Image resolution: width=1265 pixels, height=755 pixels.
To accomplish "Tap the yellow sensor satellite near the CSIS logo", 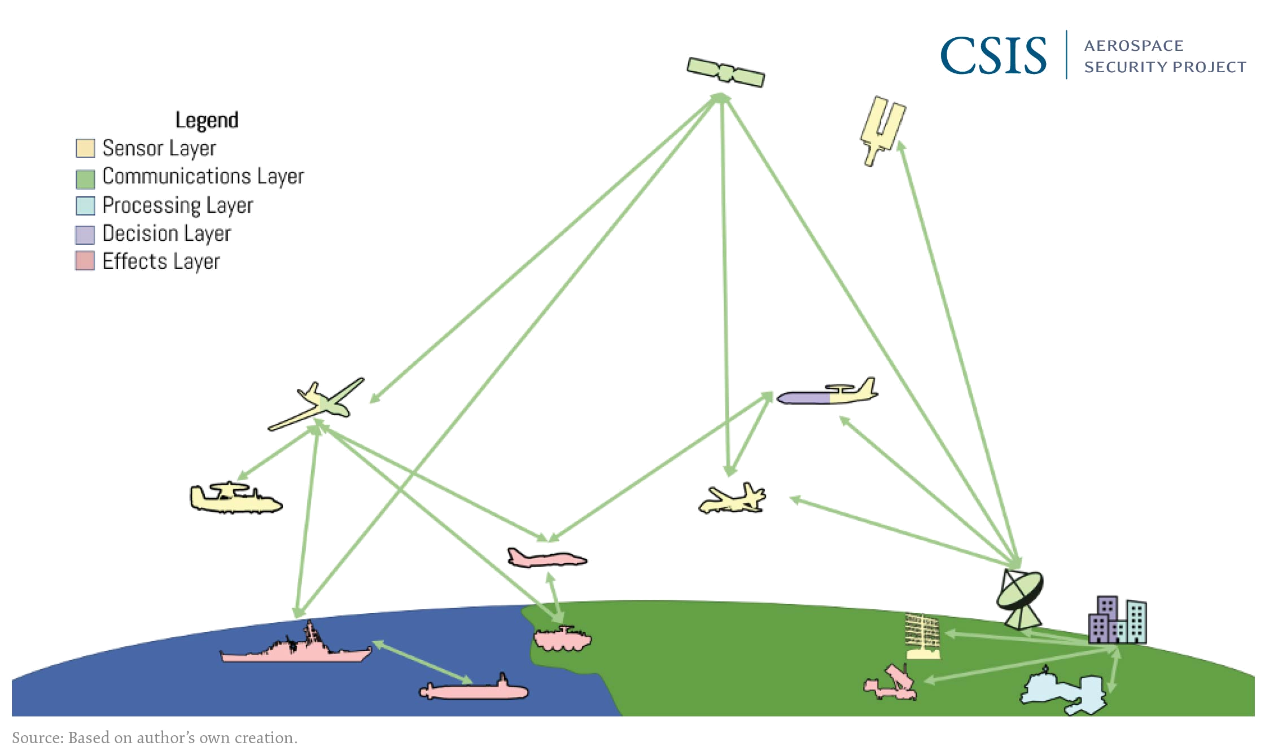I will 883,131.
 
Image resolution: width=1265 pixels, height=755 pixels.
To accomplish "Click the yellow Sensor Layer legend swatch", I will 85,149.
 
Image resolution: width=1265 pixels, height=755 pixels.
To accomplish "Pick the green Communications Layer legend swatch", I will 85,177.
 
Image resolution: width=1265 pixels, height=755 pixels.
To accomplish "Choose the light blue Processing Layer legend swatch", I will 85,205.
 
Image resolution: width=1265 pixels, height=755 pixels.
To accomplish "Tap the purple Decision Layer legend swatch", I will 85,234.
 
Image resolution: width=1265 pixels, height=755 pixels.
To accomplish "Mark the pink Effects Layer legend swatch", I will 85,262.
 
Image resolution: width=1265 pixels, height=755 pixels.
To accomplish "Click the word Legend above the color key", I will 207,120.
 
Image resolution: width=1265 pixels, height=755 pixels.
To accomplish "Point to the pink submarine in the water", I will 474,691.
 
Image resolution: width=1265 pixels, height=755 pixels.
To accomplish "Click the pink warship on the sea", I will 297,648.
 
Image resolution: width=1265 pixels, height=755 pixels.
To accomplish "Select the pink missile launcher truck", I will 891,683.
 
